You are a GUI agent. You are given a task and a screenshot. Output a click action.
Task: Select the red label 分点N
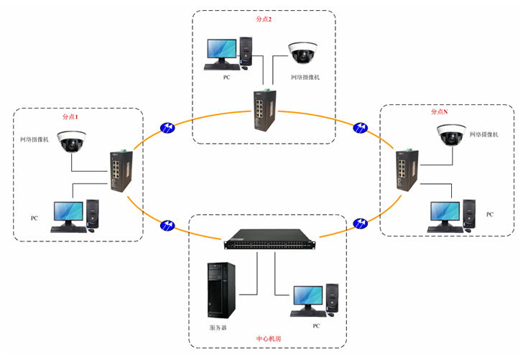439,112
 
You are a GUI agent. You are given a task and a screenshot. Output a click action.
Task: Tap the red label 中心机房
269,338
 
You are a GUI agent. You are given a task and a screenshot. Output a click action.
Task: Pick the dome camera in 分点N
452,134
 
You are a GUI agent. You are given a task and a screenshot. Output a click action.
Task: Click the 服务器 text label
218,326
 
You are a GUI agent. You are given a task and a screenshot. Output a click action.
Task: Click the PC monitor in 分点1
68,213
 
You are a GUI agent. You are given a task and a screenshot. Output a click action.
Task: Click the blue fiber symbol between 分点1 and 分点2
167,127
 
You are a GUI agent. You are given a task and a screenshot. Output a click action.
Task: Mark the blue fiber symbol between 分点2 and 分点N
359,128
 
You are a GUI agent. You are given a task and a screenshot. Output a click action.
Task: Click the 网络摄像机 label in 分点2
305,76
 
